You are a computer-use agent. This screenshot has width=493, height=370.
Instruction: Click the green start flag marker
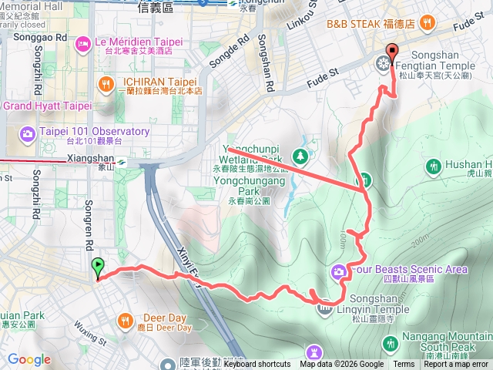pos(98,268)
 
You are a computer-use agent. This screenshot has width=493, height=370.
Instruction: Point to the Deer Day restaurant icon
pos(125,320)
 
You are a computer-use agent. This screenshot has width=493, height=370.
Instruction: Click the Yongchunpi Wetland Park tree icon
pos(300,157)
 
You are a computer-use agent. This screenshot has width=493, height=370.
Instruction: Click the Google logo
pos(29,360)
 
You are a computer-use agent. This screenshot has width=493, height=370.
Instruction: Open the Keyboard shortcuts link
pos(257,365)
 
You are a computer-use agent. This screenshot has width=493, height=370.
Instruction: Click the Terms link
pos(404,365)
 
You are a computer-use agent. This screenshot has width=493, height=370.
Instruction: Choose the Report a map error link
pos(456,365)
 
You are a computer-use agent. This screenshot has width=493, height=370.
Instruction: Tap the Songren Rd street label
pos(89,215)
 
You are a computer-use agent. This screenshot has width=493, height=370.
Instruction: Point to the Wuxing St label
pos(91,338)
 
